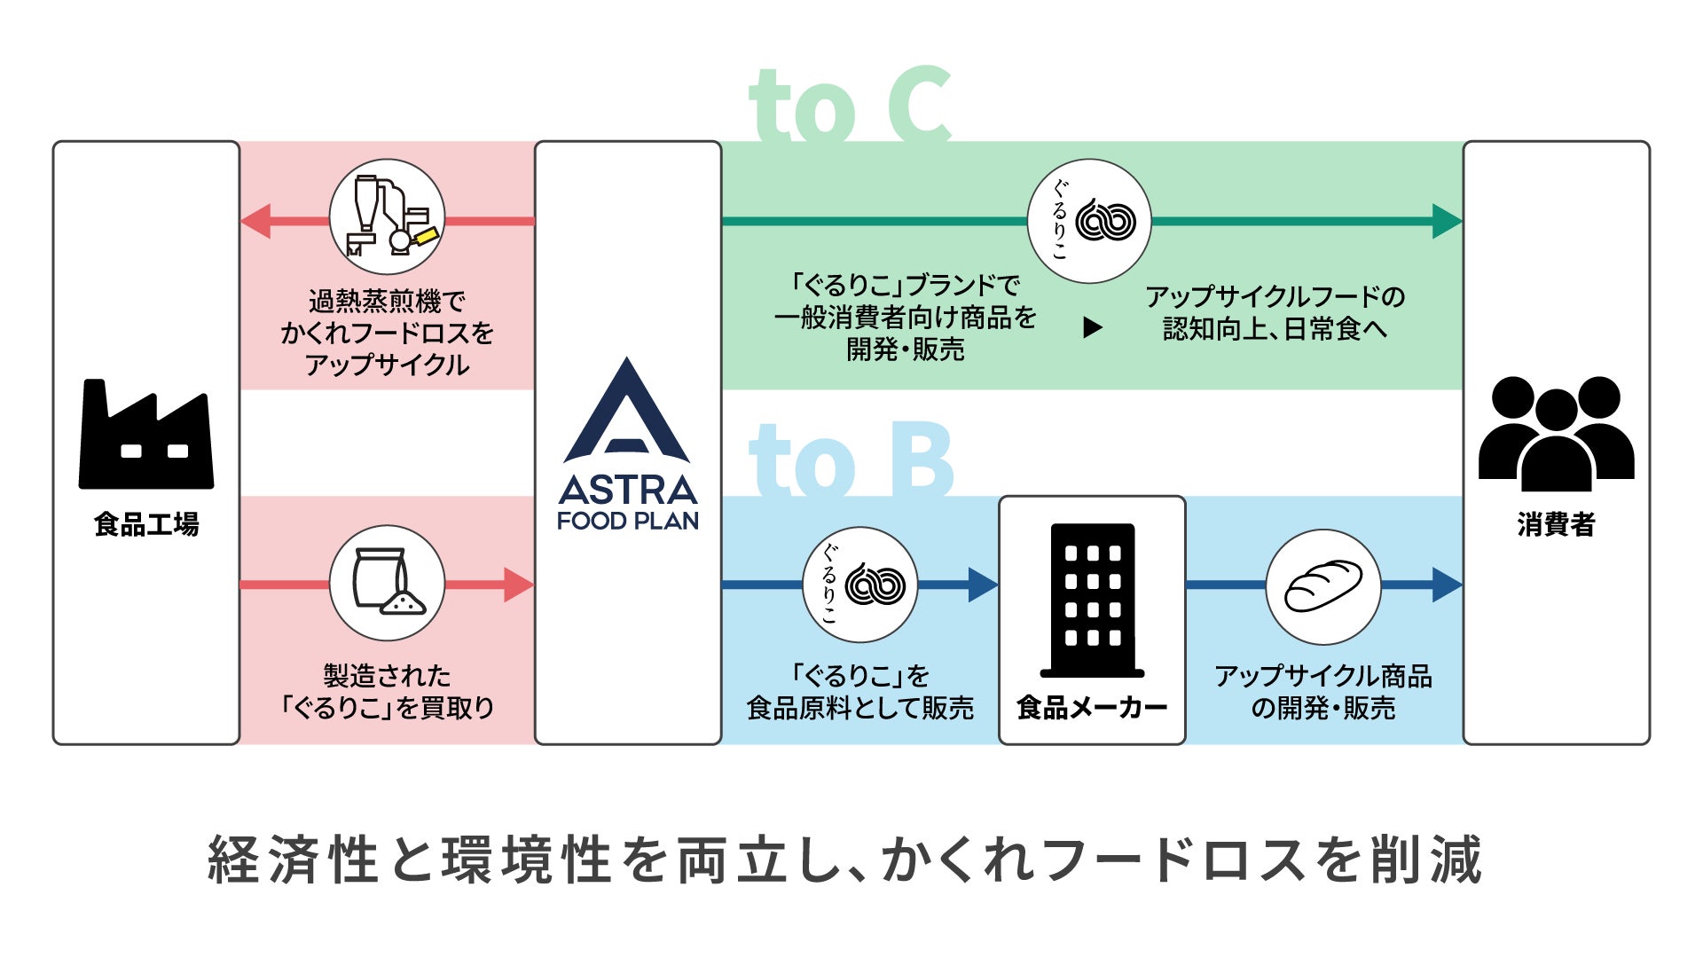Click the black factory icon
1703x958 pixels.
(146, 435)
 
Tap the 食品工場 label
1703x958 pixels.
(146, 524)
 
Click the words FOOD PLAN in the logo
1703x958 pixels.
(627, 521)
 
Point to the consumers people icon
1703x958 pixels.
(1556, 434)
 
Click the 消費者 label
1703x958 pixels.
(1556, 524)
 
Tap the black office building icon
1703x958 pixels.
(1092, 601)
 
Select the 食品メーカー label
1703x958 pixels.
(1092, 707)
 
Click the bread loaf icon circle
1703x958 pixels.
(1322, 586)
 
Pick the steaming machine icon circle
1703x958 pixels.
(387, 217)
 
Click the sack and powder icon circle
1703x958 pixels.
(387, 583)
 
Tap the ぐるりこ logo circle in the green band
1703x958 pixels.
(1089, 221)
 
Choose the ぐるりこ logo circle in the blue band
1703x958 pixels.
(859, 585)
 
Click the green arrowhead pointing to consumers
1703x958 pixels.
(1448, 221)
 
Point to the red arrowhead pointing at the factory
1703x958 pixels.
(255, 221)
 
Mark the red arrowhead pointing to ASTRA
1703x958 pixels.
(519, 585)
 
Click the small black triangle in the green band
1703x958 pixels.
(1093, 328)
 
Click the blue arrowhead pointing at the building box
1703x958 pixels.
(984, 585)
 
